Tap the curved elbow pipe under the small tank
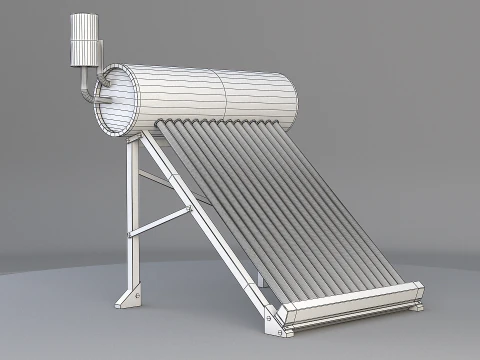pyautogui.click(x=81, y=89)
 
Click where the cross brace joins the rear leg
pyautogui.click(x=134, y=234)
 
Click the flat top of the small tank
pyautogui.click(x=86, y=17)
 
